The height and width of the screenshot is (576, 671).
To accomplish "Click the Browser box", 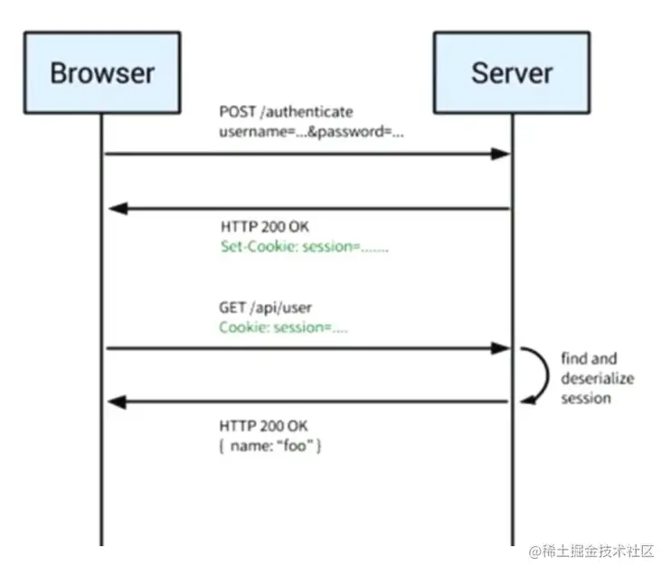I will tap(101, 72).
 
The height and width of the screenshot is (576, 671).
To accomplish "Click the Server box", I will tap(511, 72).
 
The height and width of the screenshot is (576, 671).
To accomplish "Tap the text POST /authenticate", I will tap(286, 112).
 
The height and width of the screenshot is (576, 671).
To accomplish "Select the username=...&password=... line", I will tap(311, 131).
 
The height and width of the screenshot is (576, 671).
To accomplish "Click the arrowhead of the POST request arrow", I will tap(501, 155).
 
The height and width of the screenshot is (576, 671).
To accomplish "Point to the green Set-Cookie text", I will tap(305, 247).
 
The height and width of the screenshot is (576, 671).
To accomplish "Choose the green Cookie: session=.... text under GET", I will tap(283, 328).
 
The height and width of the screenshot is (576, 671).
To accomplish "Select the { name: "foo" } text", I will tap(270, 447).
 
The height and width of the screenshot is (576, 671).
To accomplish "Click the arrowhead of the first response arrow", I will tap(116, 210).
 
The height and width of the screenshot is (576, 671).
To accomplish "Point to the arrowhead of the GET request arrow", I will tap(501, 348).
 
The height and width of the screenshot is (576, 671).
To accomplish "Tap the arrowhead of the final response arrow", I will tap(116, 402).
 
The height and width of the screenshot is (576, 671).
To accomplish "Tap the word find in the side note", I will tap(573, 359).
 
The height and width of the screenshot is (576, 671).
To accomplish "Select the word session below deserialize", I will tap(585, 399).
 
